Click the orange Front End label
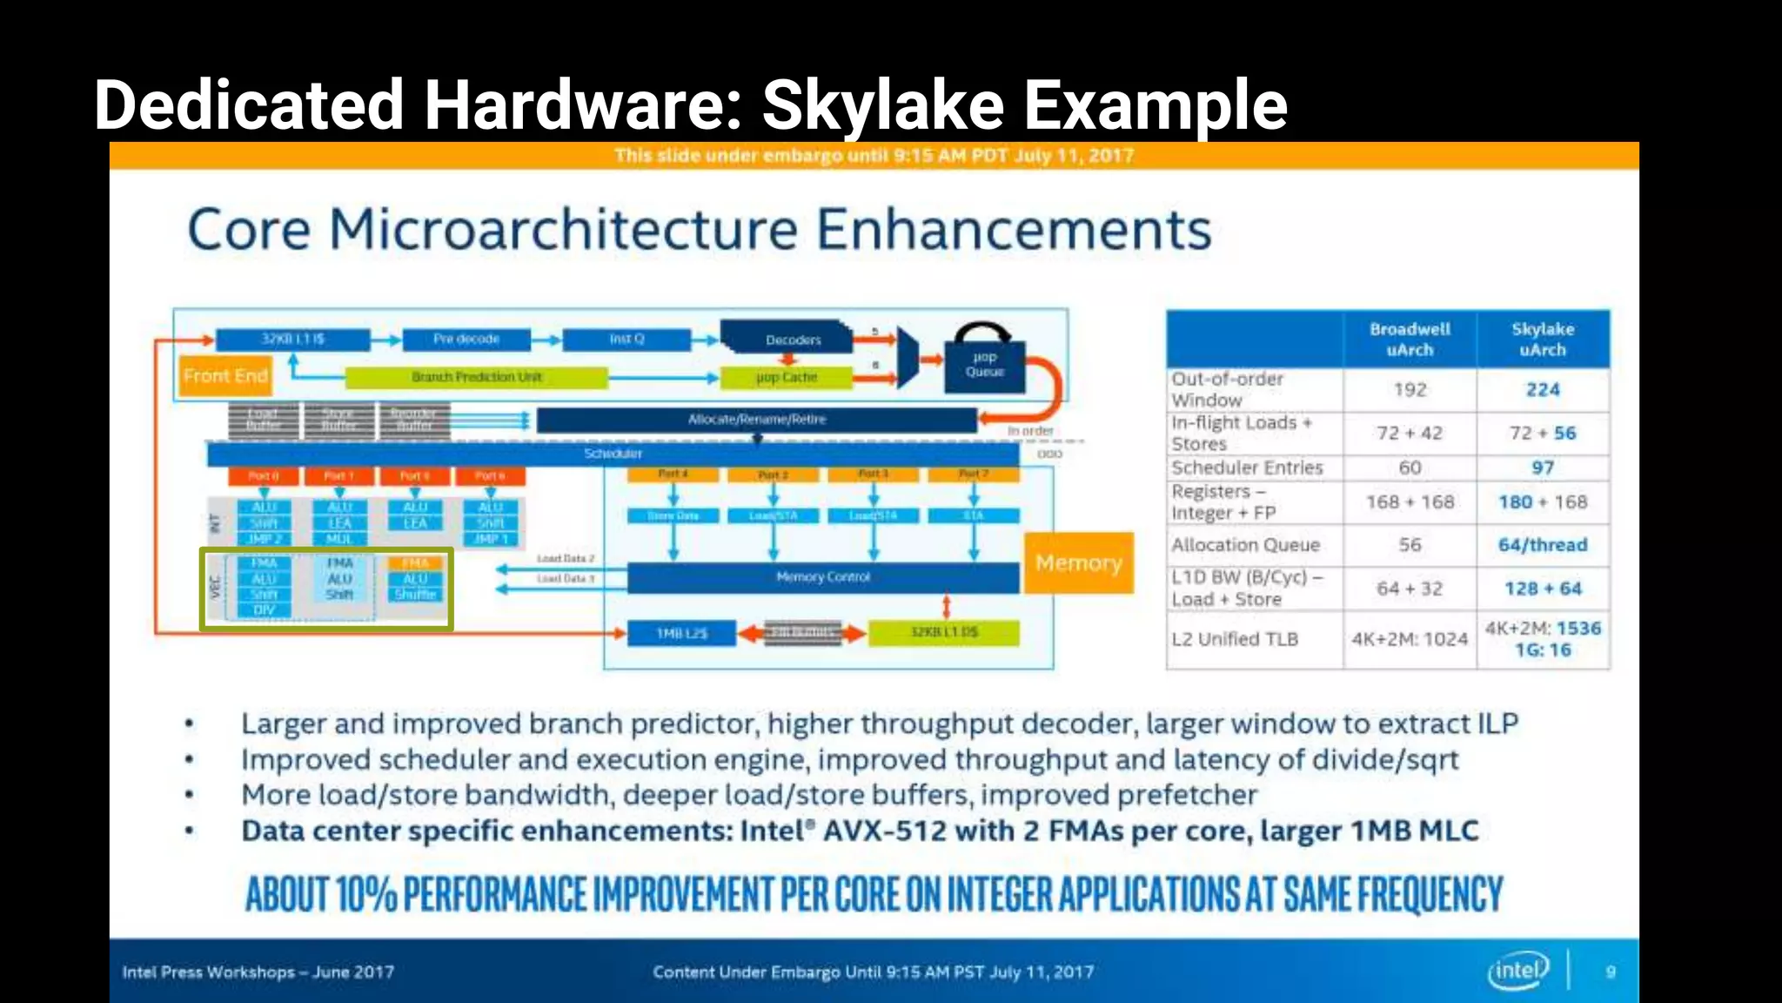pos(225,376)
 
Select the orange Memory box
pos(1078,563)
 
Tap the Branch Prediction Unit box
pos(476,377)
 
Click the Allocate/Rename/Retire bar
pos(756,420)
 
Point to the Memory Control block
pos(822,577)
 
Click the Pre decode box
pos(466,339)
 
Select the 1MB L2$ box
pos(682,633)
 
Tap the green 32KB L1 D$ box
pos(944,632)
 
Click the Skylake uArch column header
pos(1543,340)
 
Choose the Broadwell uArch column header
pos(1410,340)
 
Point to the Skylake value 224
pos(1543,390)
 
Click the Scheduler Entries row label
pos(1247,468)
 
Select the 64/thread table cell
pos(1543,545)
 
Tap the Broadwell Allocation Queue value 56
pos(1410,545)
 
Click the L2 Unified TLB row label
pos(1235,639)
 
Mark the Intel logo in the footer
pos(1518,971)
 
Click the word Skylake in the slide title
pos(883,105)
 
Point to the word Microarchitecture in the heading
pos(563,230)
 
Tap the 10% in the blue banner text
pos(365,894)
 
